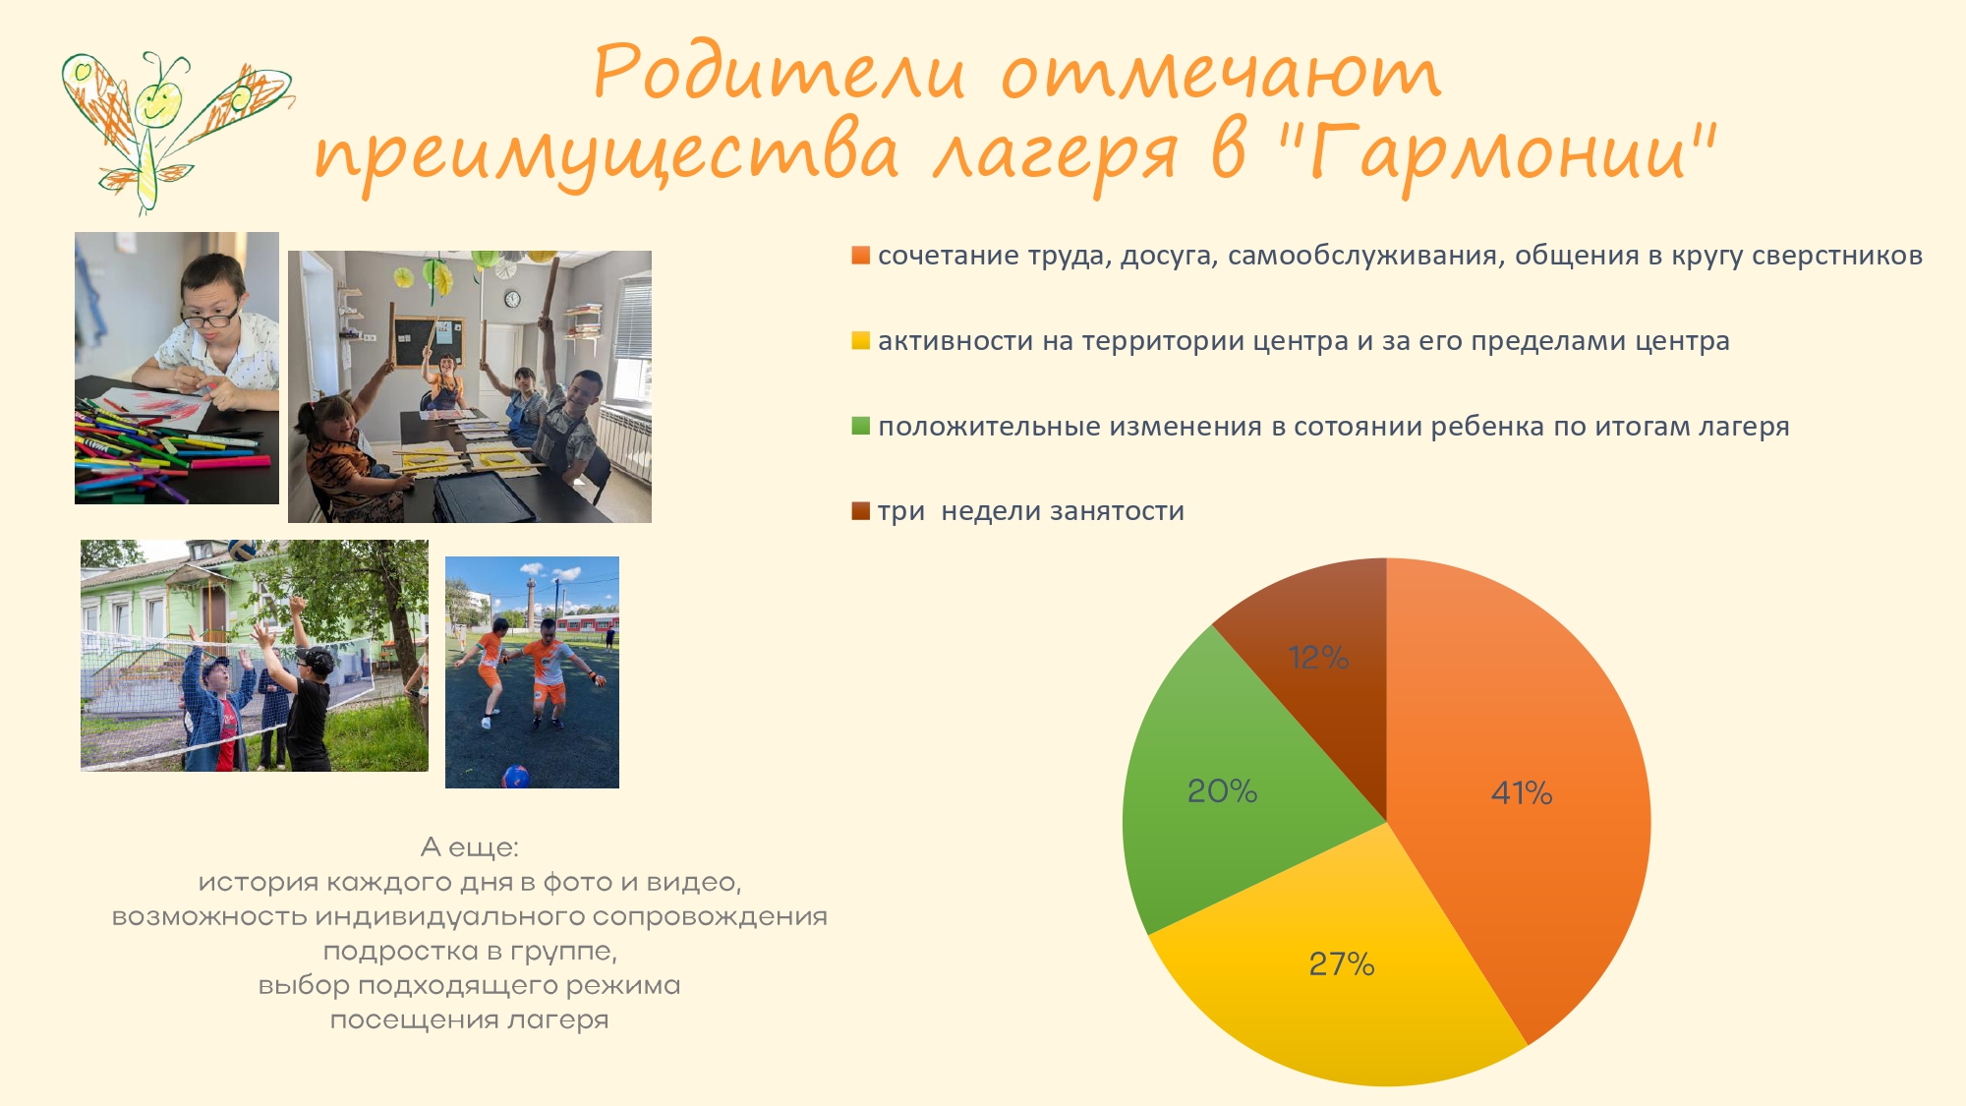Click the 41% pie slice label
click(1522, 792)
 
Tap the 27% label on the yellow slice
click(1342, 963)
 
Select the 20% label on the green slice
click(1222, 790)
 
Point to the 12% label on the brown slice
click(1318, 657)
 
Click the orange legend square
click(860, 256)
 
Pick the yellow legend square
click(860, 341)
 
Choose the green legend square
click(860, 426)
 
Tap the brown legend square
click(860, 511)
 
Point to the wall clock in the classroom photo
click(512, 299)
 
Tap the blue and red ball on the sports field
click(515, 777)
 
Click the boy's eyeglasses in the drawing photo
click(209, 318)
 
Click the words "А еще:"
click(469, 846)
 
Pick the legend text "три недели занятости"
click(1031, 511)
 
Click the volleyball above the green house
click(242, 549)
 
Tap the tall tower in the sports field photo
click(529, 603)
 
